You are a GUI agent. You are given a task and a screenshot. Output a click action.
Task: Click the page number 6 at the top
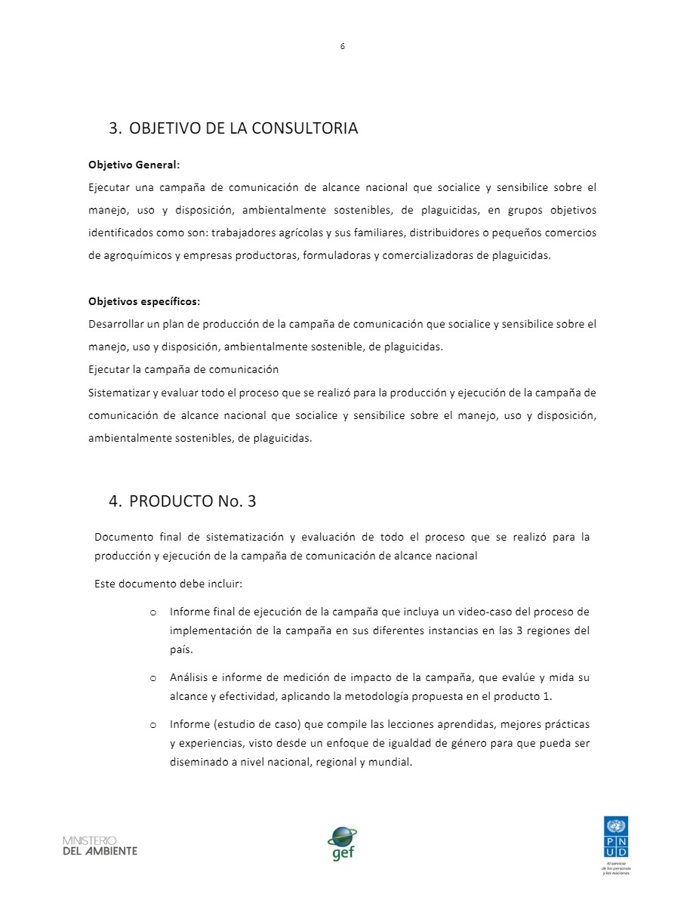[342, 46]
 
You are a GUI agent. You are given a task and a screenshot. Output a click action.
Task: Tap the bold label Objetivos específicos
[143, 301]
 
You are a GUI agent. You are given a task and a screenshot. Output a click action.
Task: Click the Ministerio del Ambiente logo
[100, 846]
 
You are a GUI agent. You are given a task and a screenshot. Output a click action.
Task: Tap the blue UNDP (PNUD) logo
[615, 836]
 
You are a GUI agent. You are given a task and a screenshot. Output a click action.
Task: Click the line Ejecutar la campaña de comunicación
[183, 370]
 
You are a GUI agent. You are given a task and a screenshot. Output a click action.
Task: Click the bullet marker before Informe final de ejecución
[152, 612]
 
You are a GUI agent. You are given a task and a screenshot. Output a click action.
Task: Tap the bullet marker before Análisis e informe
[152, 678]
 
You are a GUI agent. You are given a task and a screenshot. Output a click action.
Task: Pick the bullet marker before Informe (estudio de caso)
[152, 725]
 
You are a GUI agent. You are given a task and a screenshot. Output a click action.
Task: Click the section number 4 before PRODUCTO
[114, 501]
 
